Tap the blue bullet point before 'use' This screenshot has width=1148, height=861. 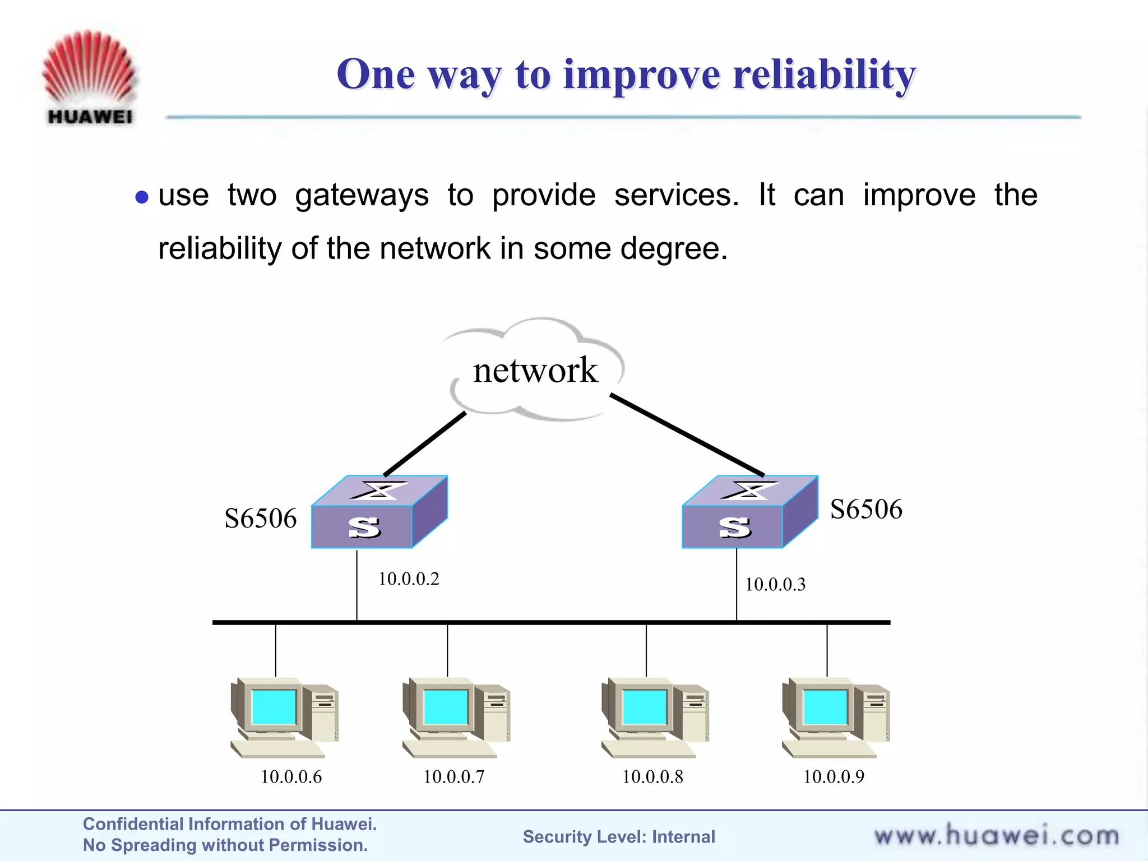pyautogui.click(x=142, y=197)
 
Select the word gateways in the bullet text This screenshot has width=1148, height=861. pyautogui.click(x=362, y=196)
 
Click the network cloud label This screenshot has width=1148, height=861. pyautogui.click(x=535, y=371)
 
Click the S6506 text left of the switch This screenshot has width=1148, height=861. pyautogui.click(x=260, y=519)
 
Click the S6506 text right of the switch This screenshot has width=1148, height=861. pyautogui.click(x=866, y=510)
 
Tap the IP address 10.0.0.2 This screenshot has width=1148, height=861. pyautogui.click(x=409, y=579)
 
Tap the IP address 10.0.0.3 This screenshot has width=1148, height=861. pyautogui.click(x=775, y=585)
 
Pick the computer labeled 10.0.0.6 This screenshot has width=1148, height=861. pyautogui.click(x=284, y=717)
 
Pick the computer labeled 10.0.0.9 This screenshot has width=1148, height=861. pyautogui.click(x=835, y=717)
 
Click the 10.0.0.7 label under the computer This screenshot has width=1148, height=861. pyautogui.click(x=453, y=777)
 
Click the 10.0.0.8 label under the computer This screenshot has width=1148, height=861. pyautogui.click(x=652, y=777)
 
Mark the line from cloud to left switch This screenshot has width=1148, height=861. pyautogui.click(x=425, y=445)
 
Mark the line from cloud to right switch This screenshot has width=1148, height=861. pyautogui.click(x=687, y=435)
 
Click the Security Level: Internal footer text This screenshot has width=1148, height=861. pyautogui.click(x=619, y=837)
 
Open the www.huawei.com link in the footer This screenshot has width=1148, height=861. pyautogui.click(x=997, y=836)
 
